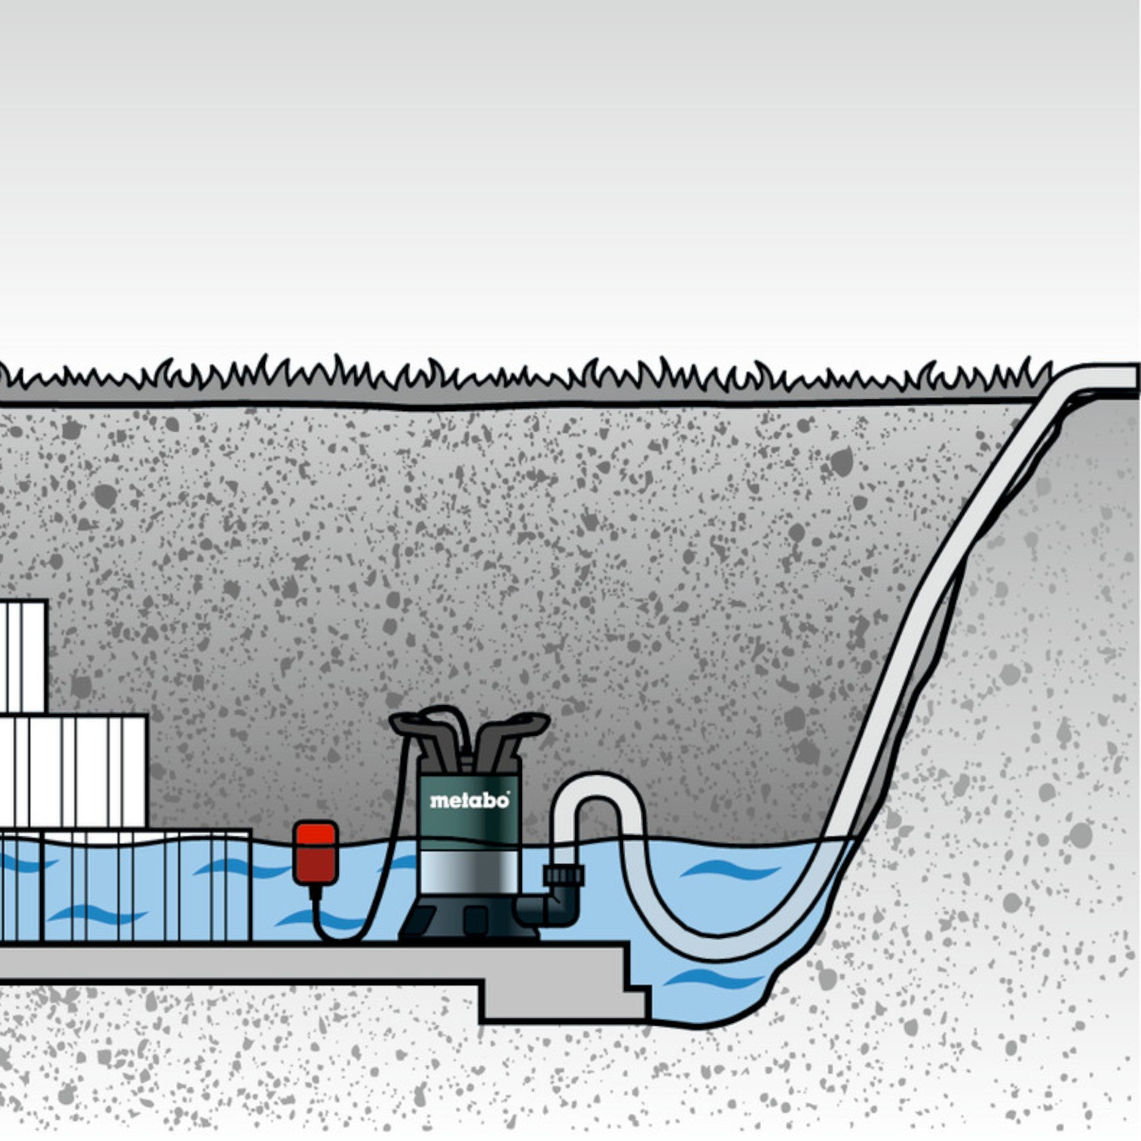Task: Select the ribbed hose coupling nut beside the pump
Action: coord(564,875)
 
